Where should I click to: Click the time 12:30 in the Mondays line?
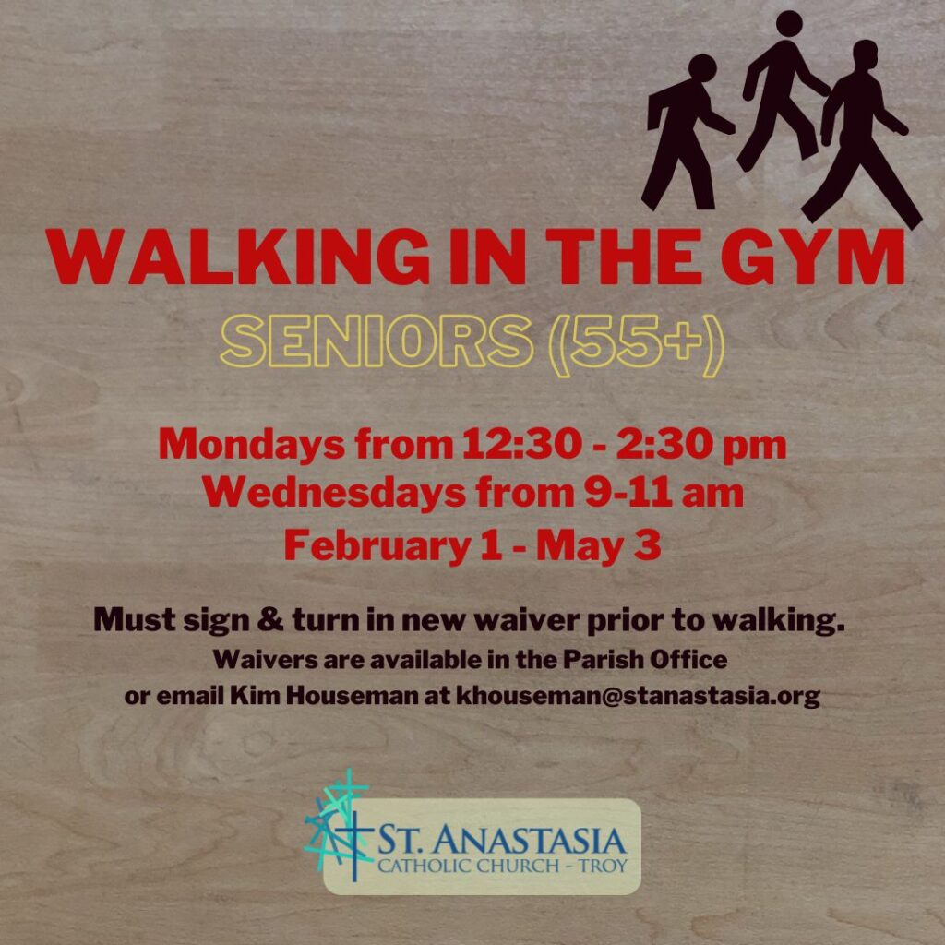click(x=521, y=444)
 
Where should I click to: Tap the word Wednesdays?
click(x=333, y=493)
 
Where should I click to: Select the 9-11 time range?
click(x=628, y=493)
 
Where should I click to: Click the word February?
click(x=377, y=546)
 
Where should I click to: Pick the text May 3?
click(x=598, y=546)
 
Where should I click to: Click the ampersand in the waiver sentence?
click(x=270, y=620)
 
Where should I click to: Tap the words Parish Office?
click(x=645, y=659)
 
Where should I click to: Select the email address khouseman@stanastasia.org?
click(x=639, y=696)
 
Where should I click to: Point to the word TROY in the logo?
click(x=604, y=867)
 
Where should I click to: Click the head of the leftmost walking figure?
click(x=702, y=67)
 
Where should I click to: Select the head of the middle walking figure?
click(x=789, y=24)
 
